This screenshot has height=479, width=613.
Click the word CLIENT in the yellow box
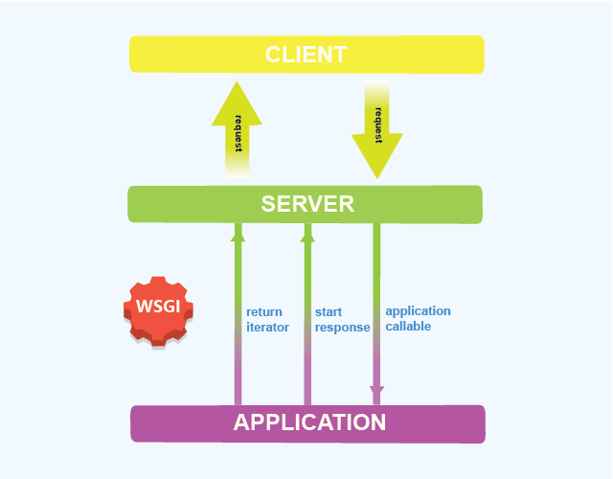tap(306, 54)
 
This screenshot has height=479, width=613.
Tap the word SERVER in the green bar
tap(307, 204)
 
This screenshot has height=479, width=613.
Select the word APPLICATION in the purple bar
tap(309, 422)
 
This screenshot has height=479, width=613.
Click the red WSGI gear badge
tap(158, 309)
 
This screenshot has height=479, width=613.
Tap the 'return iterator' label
tap(267, 319)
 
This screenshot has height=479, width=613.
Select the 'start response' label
tap(342, 319)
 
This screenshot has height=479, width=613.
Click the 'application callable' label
tap(418, 318)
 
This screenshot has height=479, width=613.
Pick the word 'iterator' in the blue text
tap(267, 327)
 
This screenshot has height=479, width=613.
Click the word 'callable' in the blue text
tap(408, 326)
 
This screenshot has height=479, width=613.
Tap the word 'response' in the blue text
tap(342, 327)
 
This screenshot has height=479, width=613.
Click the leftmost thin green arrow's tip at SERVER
tap(238, 230)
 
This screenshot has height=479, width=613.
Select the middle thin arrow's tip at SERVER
tap(307, 230)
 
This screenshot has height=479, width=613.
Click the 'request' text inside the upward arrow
tap(237, 134)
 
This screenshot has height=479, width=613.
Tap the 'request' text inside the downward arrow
tap(378, 125)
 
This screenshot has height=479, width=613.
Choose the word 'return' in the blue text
tap(263, 311)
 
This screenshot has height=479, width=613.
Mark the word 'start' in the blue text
tap(329, 311)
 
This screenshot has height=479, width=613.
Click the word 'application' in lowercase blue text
tap(418, 310)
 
